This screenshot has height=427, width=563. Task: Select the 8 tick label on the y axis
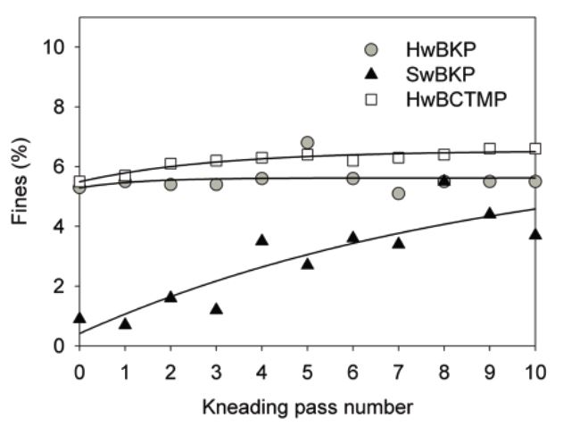click(x=62, y=106)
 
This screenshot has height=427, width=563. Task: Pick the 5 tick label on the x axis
click(x=307, y=370)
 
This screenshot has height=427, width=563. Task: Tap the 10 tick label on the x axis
click(x=534, y=370)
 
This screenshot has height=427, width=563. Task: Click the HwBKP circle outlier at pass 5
click(x=307, y=142)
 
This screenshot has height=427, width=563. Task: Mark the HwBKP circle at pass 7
click(x=398, y=193)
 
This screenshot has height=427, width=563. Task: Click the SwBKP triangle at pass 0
click(x=79, y=317)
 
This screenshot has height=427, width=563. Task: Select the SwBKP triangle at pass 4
click(x=261, y=239)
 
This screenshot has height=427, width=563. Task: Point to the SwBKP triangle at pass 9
click(x=489, y=213)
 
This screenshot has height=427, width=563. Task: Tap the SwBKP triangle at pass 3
click(x=216, y=308)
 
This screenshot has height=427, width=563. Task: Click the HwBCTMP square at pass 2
click(x=170, y=163)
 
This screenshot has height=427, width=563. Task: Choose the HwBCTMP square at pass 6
click(x=352, y=160)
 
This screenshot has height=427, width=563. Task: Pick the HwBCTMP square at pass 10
click(x=535, y=148)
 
